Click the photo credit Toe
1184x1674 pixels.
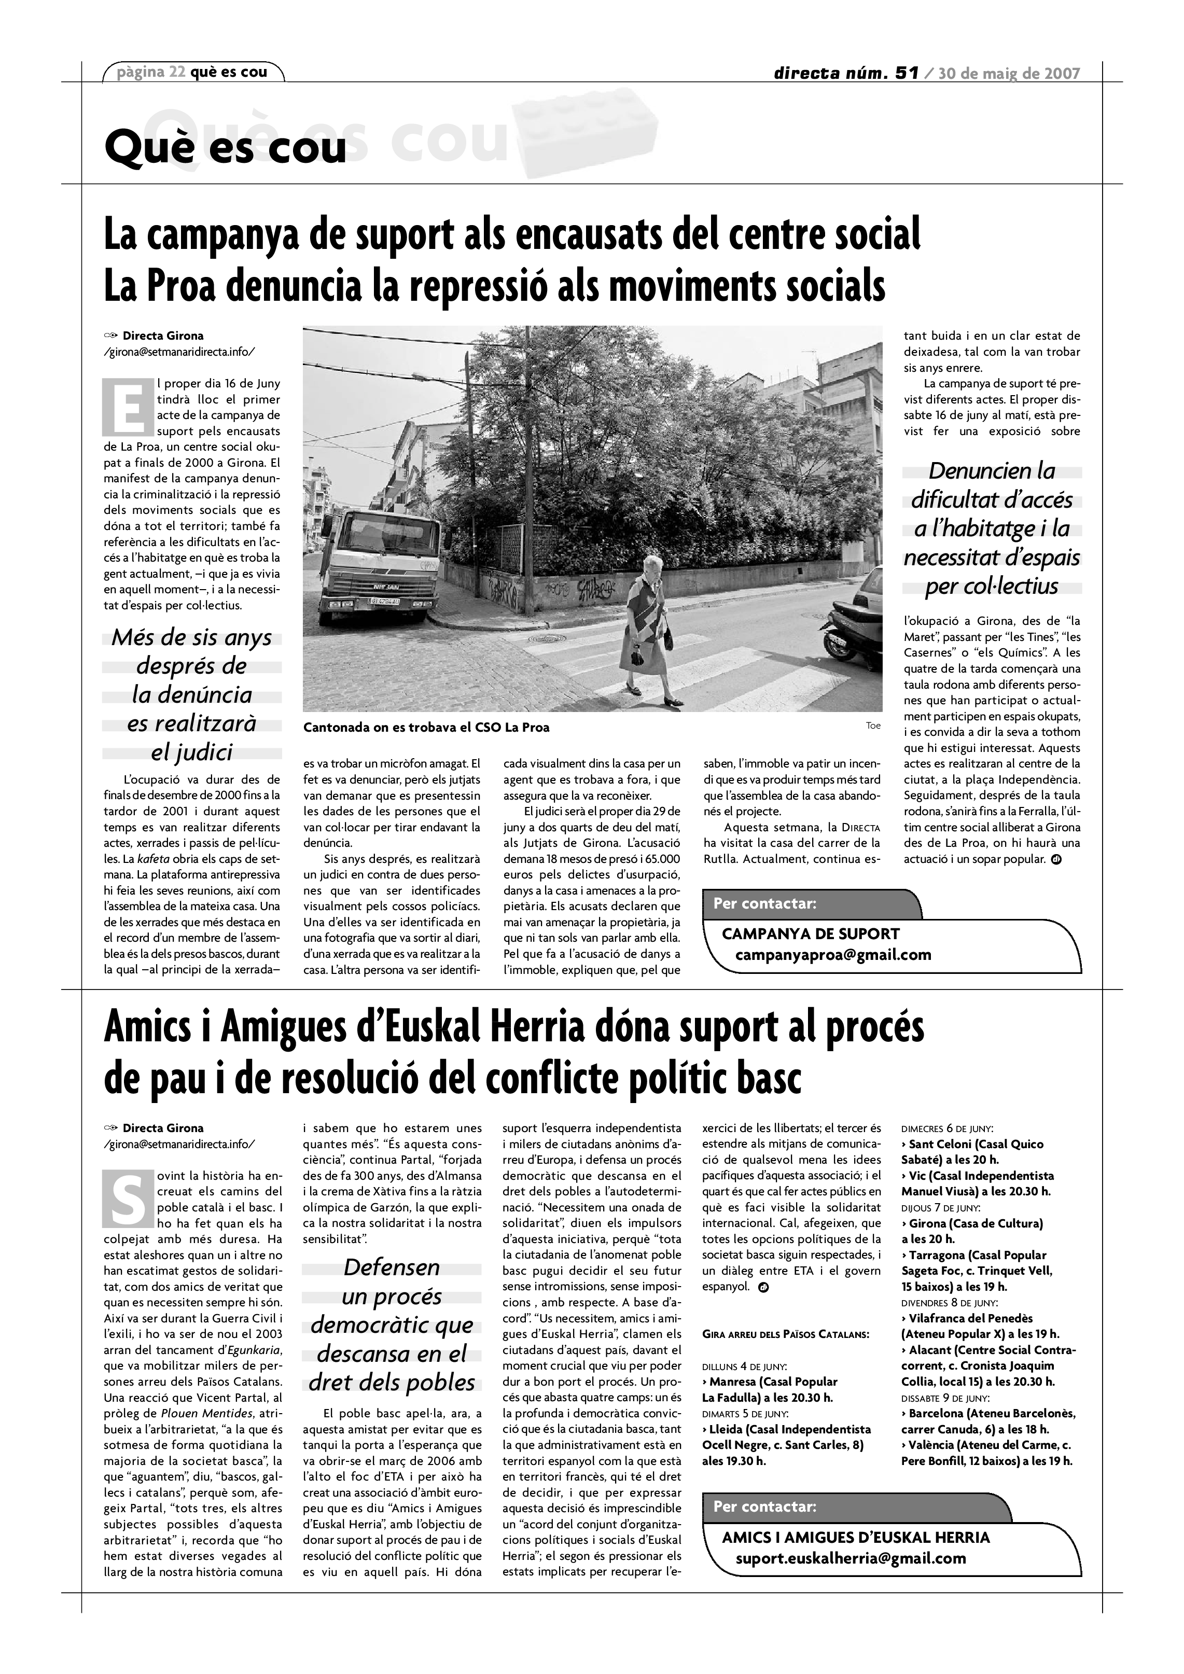(873, 726)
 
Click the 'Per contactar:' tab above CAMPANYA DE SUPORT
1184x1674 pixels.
(765, 904)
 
